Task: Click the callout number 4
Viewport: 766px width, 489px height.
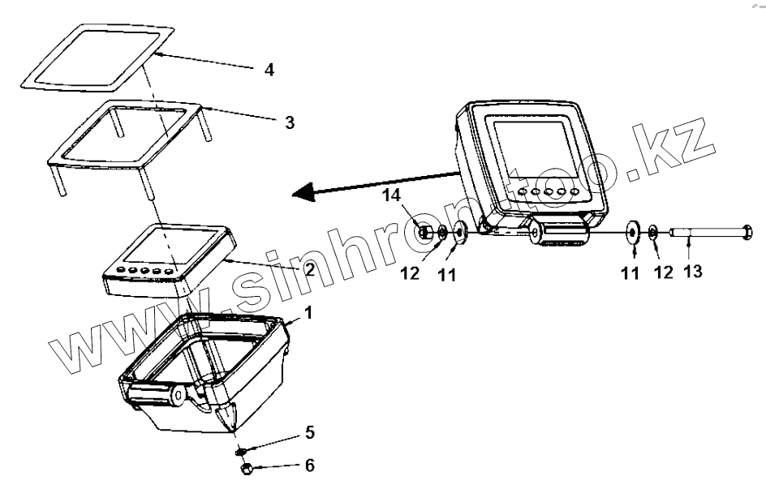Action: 269,70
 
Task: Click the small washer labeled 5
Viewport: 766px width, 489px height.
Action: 241,449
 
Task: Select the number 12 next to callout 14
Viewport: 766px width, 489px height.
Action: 410,274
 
